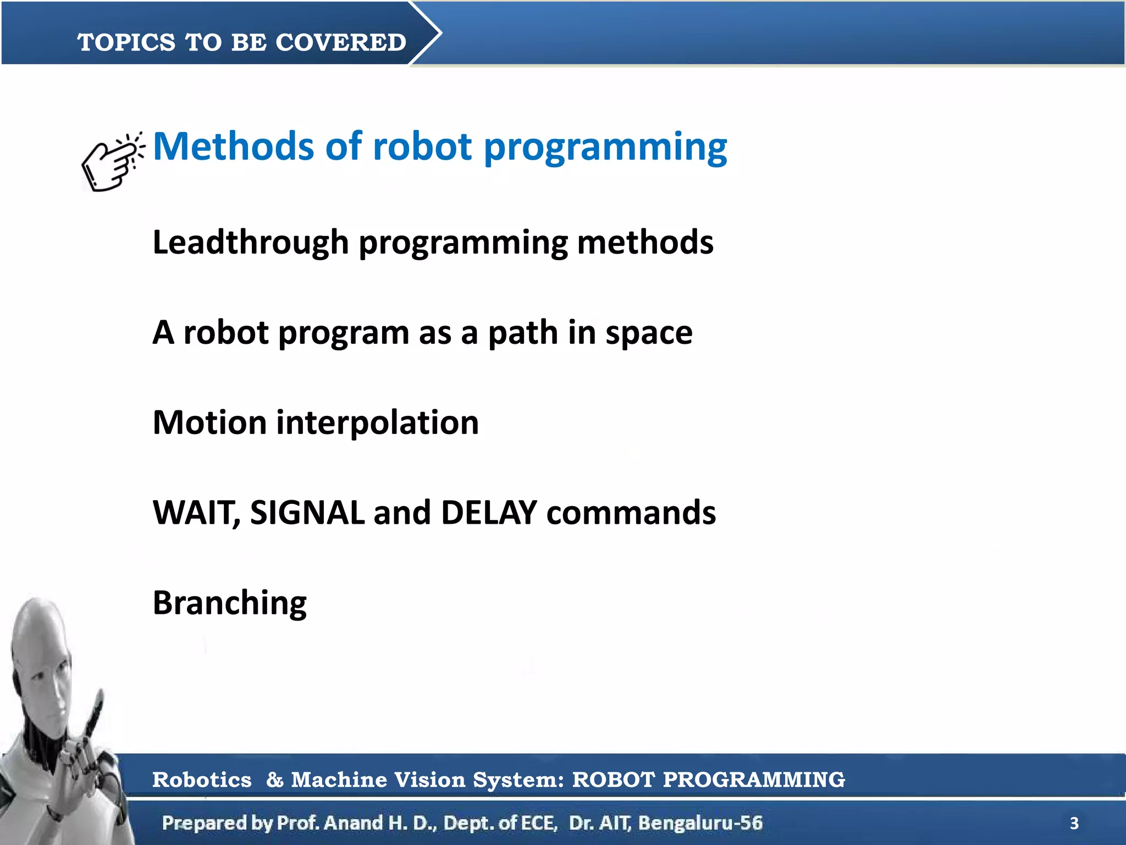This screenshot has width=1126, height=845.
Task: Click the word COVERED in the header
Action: click(x=340, y=42)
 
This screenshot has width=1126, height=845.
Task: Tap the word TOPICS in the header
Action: click(x=126, y=42)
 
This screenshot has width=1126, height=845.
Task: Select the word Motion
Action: click(x=209, y=422)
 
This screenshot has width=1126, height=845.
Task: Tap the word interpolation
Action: click(x=377, y=422)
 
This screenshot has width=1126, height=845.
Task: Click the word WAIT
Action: click(x=195, y=513)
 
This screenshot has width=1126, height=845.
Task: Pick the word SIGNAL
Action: click(x=307, y=513)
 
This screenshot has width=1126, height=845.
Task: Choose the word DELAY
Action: click(x=489, y=513)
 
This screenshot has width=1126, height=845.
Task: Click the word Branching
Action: click(x=229, y=603)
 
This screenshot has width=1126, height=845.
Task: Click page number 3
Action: click(x=1074, y=824)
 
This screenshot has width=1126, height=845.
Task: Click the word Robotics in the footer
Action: click(x=202, y=780)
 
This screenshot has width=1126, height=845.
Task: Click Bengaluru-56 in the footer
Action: click(x=700, y=823)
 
